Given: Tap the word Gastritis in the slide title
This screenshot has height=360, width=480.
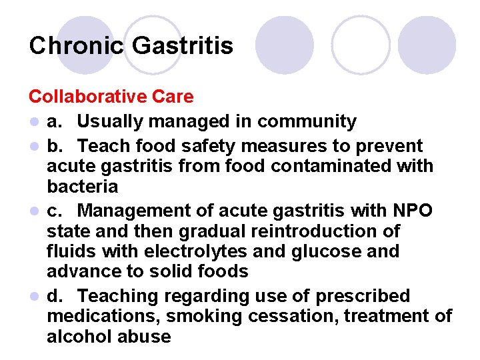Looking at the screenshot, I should [x=183, y=45].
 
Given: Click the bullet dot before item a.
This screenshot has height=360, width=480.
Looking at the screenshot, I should [x=33, y=122].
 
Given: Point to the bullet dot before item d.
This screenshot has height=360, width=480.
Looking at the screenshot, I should [x=33, y=296].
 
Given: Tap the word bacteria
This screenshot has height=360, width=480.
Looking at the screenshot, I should [x=82, y=186].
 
